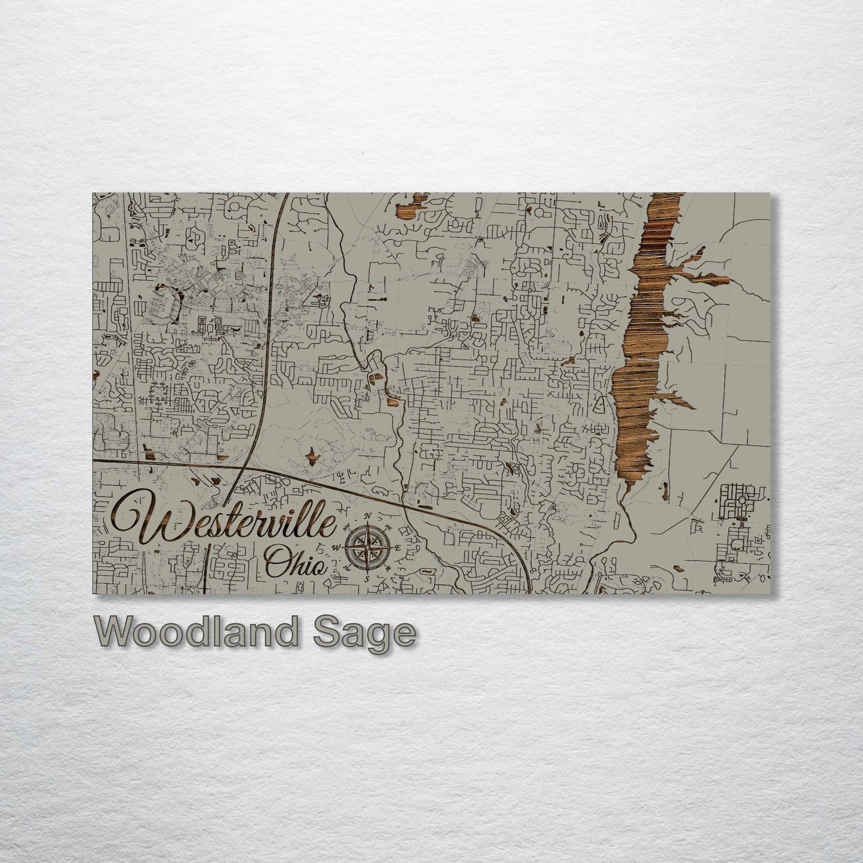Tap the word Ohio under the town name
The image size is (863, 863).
pyautogui.click(x=296, y=562)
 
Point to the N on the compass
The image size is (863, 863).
pyautogui.click(x=368, y=517)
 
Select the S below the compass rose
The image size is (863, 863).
pyautogui.click(x=367, y=578)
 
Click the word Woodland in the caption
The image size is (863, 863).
pyautogui.click(x=194, y=632)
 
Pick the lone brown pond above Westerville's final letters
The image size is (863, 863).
pyautogui.click(x=311, y=457)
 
